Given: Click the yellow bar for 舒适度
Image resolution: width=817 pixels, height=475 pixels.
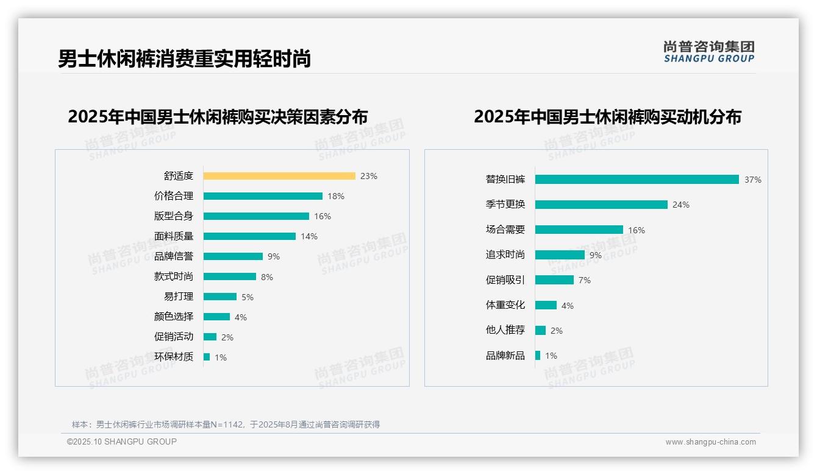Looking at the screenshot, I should pyautogui.click(x=279, y=176).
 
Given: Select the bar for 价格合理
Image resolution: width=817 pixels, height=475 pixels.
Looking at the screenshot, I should pyautogui.click(x=263, y=196).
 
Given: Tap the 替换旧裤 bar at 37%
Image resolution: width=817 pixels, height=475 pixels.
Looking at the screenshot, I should pyautogui.click(x=637, y=180).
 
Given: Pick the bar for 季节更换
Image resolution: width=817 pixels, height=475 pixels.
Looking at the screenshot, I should pyautogui.click(x=601, y=205).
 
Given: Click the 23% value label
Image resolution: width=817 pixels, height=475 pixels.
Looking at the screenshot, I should pyautogui.click(x=369, y=176).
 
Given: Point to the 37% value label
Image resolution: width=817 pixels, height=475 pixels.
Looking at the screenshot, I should pyautogui.click(x=752, y=180).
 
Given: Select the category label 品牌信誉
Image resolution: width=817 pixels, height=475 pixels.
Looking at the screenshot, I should pyautogui.click(x=174, y=256).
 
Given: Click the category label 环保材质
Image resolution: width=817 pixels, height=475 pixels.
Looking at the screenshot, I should pyautogui.click(x=174, y=357).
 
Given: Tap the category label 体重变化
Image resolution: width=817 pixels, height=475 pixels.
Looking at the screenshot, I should pyautogui.click(x=505, y=305).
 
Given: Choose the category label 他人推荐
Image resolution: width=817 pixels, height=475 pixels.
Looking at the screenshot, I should pyautogui.click(x=505, y=330).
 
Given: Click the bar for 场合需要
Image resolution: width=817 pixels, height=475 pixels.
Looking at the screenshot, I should pyautogui.click(x=579, y=230).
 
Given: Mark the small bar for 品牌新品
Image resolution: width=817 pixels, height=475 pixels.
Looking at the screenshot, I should pyautogui.click(x=538, y=355).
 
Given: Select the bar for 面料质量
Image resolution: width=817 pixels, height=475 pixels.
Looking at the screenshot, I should pyautogui.click(x=249, y=236).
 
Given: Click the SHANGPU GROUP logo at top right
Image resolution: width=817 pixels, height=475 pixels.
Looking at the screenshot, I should pyautogui.click(x=709, y=52).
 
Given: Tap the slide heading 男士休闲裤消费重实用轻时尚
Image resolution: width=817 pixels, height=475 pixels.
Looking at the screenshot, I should pyautogui.click(x=184, y=58).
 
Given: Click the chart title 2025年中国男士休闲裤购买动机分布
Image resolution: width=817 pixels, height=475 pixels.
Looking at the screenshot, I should pyautogui.click(x=607, y=117).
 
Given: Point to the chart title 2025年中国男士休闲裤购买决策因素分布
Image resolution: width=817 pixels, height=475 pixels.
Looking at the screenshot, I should pyautogui.click(x=218, y=117).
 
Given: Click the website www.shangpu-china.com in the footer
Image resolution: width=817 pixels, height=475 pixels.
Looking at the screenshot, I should pyautogui.click(x=710, y=442).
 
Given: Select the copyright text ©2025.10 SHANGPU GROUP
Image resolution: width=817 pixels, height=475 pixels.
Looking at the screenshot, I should pyautogui.click(x=122, y=442).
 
